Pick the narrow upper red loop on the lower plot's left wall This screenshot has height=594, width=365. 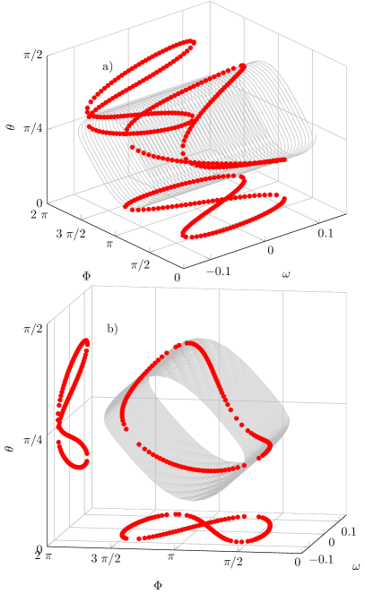(75, 376)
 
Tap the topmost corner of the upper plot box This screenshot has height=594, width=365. (211, 3)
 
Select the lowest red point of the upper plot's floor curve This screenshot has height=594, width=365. (190, 237)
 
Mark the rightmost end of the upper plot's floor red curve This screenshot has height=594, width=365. (285, 196)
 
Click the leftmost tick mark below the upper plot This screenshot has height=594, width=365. (82, 216)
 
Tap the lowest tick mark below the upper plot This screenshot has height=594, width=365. (185, 265)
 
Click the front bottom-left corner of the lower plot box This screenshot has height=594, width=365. (54, 541)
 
